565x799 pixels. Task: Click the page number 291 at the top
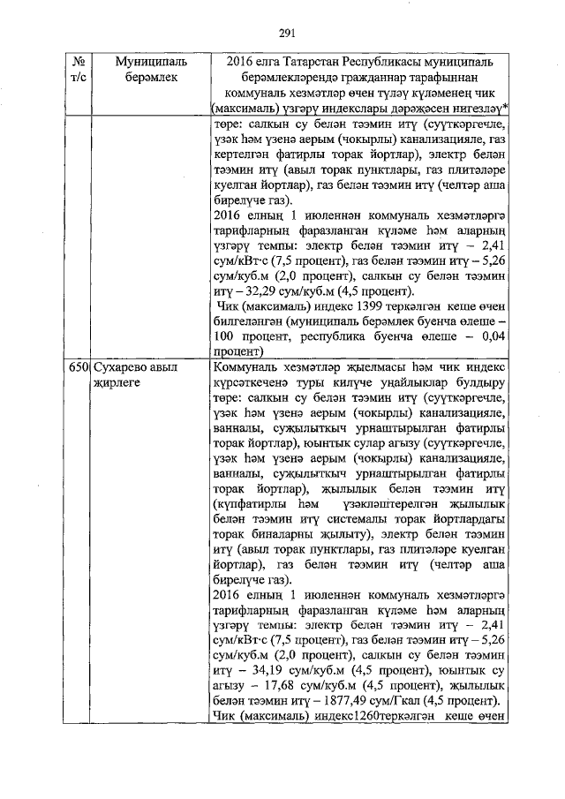tap(285, 34)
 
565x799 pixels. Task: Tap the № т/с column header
tap(79, 72)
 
